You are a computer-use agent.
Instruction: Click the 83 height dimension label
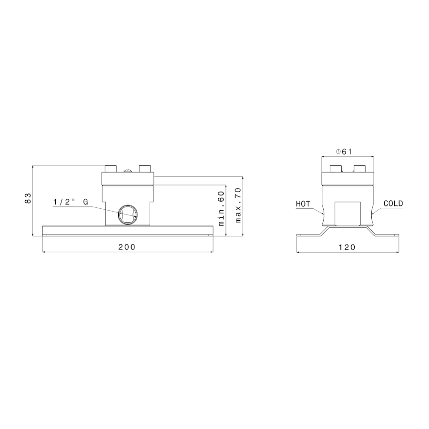28,198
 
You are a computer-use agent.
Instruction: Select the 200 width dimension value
127,247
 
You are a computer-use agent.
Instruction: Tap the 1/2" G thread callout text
71,202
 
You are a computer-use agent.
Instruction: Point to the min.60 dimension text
221,208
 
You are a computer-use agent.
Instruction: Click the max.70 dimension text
238,204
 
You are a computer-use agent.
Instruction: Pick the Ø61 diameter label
344,151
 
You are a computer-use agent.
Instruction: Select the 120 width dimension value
347,247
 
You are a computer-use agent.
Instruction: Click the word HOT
303,204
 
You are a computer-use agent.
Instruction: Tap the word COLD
393,204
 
